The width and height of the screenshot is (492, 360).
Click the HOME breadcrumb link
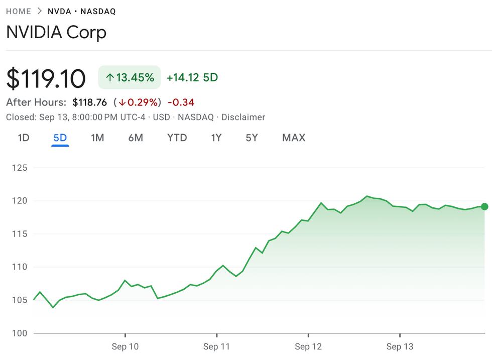[x=18, y=11]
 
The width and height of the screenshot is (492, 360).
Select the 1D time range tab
[x=24, y=138]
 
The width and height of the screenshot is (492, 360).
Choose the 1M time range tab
[x=97, y=138]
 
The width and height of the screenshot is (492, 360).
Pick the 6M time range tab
[x=136, y=138]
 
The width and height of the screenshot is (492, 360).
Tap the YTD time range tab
[x=177, y=138]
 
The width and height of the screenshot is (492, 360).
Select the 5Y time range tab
[x=252, y=138]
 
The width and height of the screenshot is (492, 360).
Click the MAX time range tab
[x=294, y=138]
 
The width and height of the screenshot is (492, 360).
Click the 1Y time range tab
[x=216, y=138]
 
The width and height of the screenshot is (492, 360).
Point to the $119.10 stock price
[x=46, y=78]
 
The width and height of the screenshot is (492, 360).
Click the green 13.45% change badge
[x=130, y=77]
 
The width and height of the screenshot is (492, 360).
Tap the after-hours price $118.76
[x=89, y=102]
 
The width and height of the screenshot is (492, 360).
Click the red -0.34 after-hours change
[x=181, y=102]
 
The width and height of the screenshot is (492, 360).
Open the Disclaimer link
[x=243, y=117]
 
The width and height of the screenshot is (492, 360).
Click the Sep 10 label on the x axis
[x=126, y=346]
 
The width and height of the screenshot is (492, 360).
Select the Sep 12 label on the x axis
[x=308, y=346]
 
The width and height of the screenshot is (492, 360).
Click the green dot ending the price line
[x=484, y=206]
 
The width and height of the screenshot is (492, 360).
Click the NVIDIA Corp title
[x=56, y=33]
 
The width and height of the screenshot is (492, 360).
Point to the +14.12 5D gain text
[x=192, y=78]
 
